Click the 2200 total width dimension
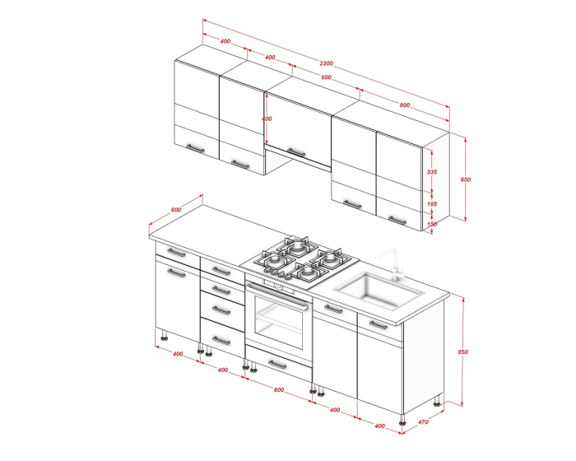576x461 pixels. click(326, 63)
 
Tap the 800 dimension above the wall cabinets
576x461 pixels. click(405, 105)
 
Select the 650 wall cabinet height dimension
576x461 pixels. click(466, 179)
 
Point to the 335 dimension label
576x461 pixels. click(432, 172)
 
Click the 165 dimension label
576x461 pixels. click(432, 203)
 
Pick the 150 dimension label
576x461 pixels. click(432, 224)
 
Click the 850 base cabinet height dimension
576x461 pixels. click(462, 352)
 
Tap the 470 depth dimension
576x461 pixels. click(423, 422)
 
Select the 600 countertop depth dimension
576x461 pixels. click(176, 210)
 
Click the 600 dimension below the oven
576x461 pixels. click(279, 389)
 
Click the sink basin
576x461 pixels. click(379, 291)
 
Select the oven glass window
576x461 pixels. click(278, 322)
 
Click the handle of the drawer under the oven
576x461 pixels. click(277, 365)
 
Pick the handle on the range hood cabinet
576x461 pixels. click(296, 152)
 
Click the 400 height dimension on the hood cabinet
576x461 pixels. click(267, 119)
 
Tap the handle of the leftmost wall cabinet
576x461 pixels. click(195, 148)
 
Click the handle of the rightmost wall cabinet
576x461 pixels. click(397, 220)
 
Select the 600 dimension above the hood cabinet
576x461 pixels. click(326, 77)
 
